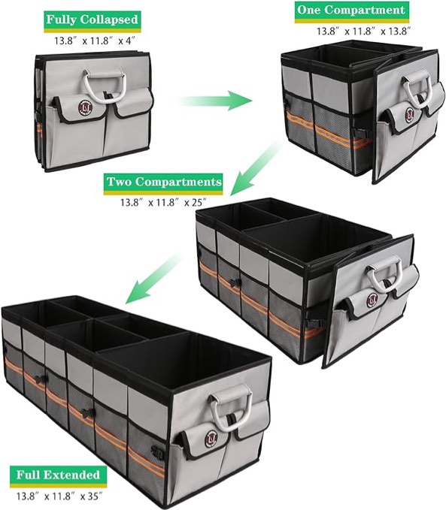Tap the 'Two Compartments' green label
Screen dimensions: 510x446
(x=164, y=183)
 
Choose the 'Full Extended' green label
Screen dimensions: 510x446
(x=57, y=475)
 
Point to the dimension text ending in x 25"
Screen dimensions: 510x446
(x=164, y=202)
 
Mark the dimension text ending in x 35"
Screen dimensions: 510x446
(x=58, y=495)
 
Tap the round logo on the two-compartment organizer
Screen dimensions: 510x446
(x=371, y=301)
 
